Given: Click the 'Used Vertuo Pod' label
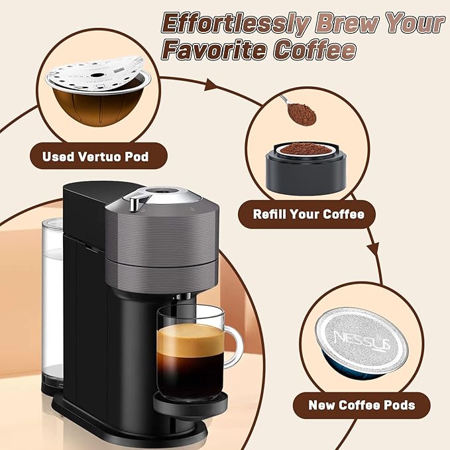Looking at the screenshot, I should tap(95, 157).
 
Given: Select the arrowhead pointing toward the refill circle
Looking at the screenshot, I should tap(211, 85).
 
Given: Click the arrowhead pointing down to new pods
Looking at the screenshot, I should tap(373, 251).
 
